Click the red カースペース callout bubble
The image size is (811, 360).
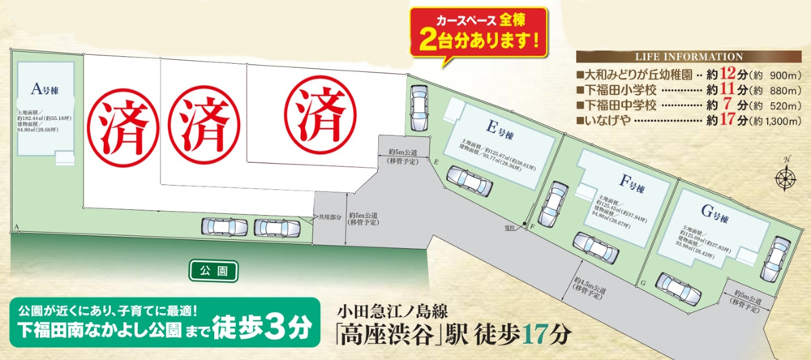(x=478, y=28)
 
